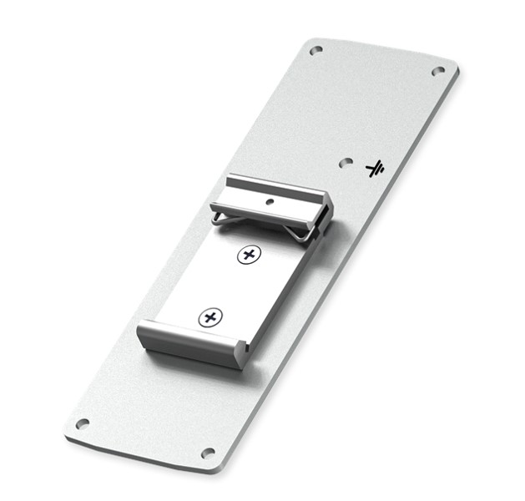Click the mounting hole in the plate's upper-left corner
click(316, 51)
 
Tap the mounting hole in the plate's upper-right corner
click(437, 71)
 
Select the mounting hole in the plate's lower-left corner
click(82, 423)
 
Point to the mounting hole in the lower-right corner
click(208, 453)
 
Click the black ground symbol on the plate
click(375, 169)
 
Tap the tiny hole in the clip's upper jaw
click(270, 201)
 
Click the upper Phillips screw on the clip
click(247, 255)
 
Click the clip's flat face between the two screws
click(230, 286)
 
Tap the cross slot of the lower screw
click(211, 316)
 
